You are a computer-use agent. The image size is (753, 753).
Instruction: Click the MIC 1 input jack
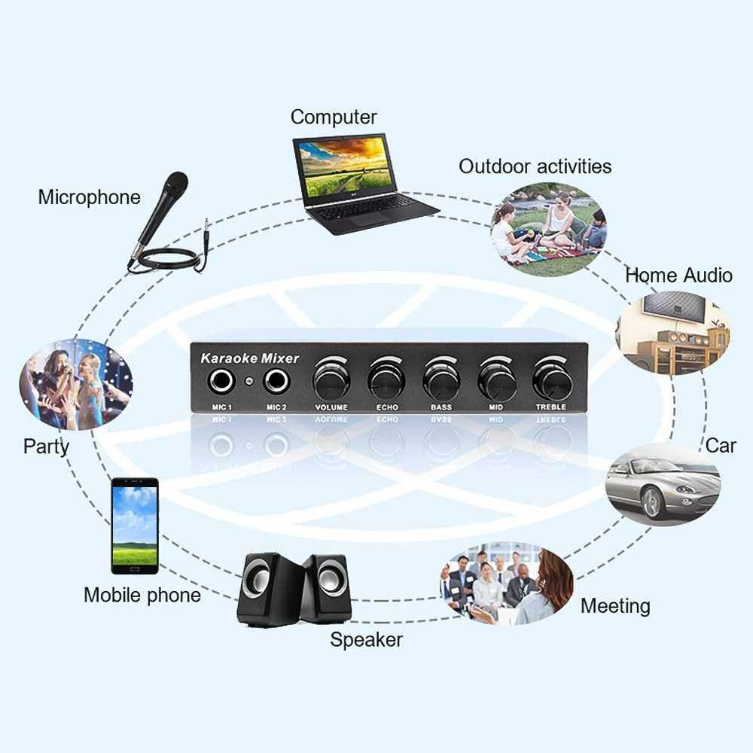[221, 383]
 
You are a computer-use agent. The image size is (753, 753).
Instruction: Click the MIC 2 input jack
[276, 383]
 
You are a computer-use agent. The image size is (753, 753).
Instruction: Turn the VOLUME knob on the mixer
[331, 381]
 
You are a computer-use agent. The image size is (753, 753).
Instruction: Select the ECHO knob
[386, 381]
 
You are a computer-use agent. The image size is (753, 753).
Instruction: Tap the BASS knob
[441, 381]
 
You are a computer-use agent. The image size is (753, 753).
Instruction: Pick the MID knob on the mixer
[496, 381]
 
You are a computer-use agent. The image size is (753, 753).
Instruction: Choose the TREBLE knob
[552, 381]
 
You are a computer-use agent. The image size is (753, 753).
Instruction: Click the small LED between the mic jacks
[248, 382]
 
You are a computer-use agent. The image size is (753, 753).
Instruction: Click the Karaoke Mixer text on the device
[250, 358]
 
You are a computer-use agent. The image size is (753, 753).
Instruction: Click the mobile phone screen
[135, 526]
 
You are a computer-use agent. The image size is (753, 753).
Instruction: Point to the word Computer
[334, 117]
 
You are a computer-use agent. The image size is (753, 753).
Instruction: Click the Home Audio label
[678, 275]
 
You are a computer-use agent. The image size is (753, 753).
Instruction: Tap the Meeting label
[615, 605]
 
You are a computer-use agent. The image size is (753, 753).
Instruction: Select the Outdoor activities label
[535, 166]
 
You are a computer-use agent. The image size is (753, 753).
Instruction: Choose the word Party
[46, 447]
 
